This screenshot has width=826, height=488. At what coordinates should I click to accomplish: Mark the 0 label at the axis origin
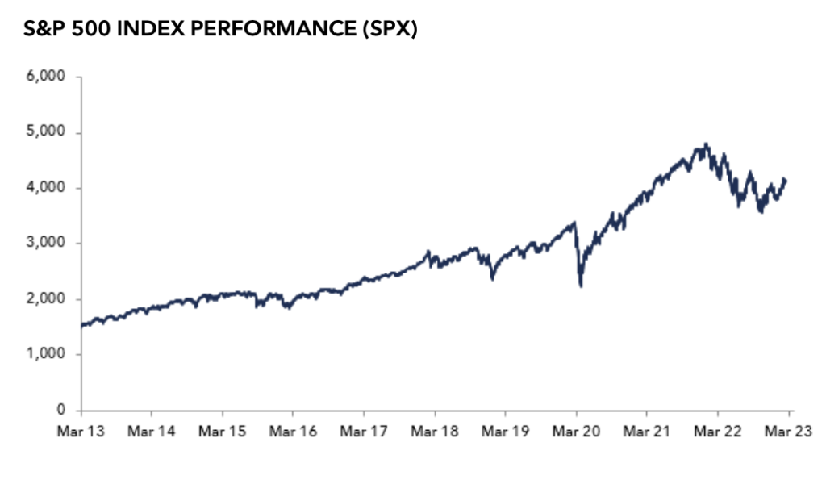(x=63, y=411)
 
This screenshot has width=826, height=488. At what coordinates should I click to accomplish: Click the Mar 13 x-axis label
(x=81, y=432)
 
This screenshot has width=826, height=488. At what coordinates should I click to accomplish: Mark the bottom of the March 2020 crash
(x=581, y=286)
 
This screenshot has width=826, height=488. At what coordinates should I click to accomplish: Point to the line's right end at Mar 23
(x=786, y=180)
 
